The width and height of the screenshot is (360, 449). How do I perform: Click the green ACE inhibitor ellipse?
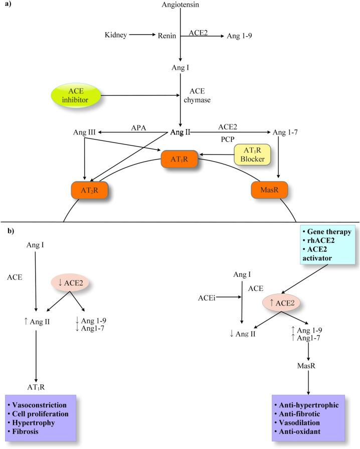(77, 94)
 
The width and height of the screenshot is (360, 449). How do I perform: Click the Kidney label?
(116, 35)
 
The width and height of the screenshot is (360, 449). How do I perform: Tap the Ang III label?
(85, 132)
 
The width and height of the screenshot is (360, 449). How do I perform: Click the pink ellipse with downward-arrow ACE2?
(70, 282)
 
